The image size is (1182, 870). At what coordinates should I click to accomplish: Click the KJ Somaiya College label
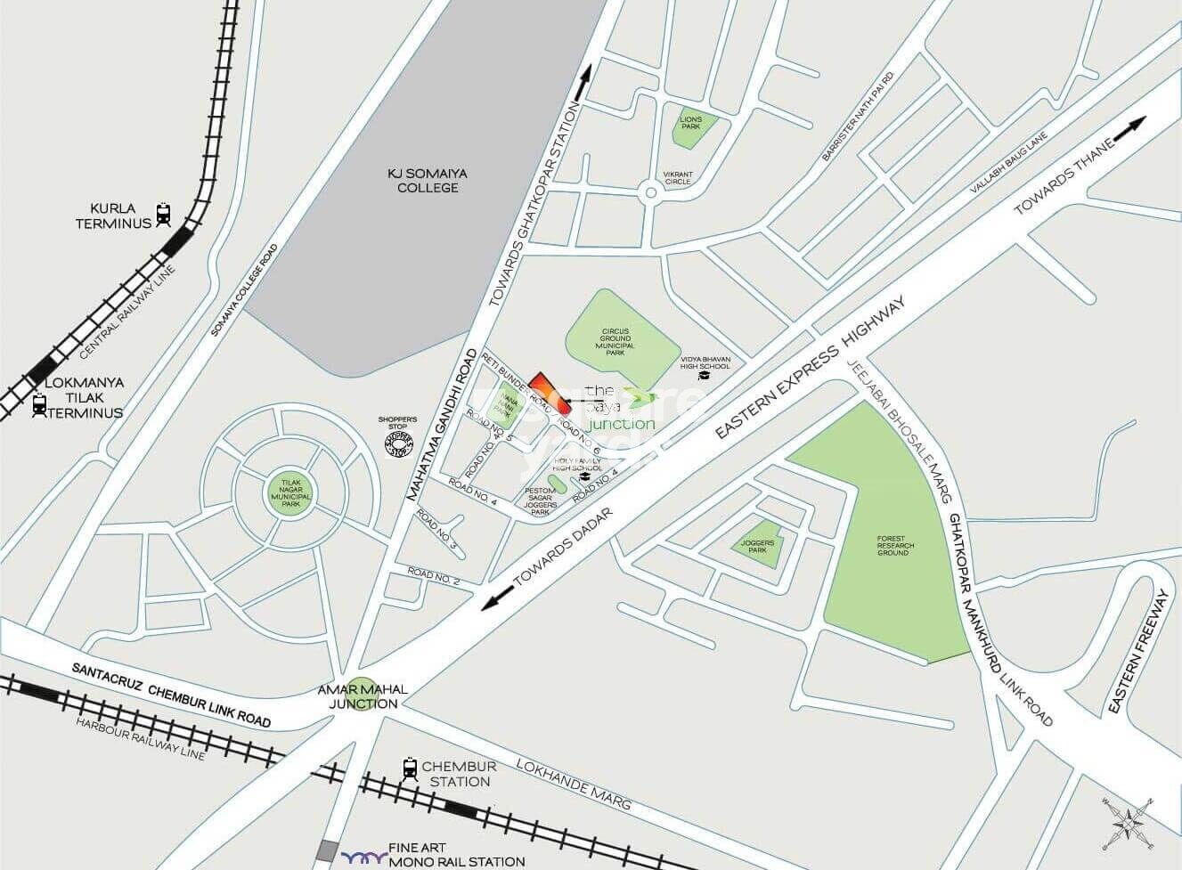[x=423, y=181]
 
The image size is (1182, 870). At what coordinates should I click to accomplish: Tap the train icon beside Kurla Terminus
[x=163, y=214]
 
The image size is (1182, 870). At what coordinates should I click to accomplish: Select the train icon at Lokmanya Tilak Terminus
[x=38, y=404]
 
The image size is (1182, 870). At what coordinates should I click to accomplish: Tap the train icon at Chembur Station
[x=410, y=768]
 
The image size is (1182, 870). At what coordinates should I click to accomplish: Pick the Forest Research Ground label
[x=893, y=546]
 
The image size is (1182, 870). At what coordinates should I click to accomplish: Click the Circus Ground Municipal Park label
[x=615, y=341]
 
